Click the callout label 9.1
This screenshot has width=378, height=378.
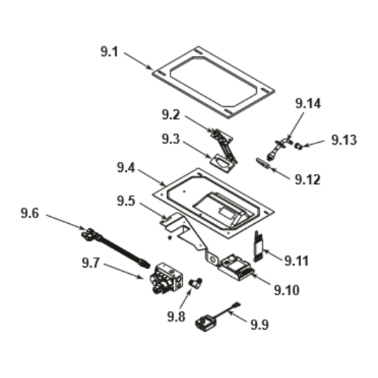pos(109,52)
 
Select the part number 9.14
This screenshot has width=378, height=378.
pos(308,104)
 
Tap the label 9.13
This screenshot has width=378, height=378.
pos(344,140)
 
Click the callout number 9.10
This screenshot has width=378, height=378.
pos(287,290)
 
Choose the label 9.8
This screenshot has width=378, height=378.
pos(177,316)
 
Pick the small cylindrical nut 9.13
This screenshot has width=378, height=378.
pos(299,145)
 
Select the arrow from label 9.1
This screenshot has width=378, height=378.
pos(138,61)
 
